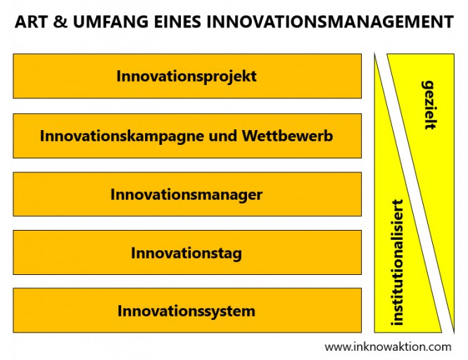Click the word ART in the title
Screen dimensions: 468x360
pyautogui.click(x=32, y=22)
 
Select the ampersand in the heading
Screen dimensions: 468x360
pyautogui.click(x=61, y=22)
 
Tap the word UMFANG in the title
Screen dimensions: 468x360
pyautogui.click(x=110, y=22)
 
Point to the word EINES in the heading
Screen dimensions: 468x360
pyautogui.click(x=177, y=22)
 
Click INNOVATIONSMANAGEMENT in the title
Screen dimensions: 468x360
pyautogui.click(x=330, y=22)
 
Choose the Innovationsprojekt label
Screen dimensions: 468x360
pyautogui.click(x=186, y=77)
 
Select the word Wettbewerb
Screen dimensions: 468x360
pyautogui.click(x=287, y=136)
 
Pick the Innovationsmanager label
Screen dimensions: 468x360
pyautogui.click(x=186, y=195)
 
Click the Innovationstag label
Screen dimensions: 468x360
pyautogui.click(x=186, y=253)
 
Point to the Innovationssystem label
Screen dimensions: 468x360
pyautogui.click(x=186, y=311)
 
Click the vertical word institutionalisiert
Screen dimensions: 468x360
pyautogui.click(x=397, y=262)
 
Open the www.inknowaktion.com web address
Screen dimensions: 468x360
pyautogui.click(x=388, y=347)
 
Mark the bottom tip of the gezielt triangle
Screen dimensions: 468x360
pyautogui.click(x=454, y=333)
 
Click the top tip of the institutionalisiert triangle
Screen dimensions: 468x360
pyautogui.click(x=375, y=53)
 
